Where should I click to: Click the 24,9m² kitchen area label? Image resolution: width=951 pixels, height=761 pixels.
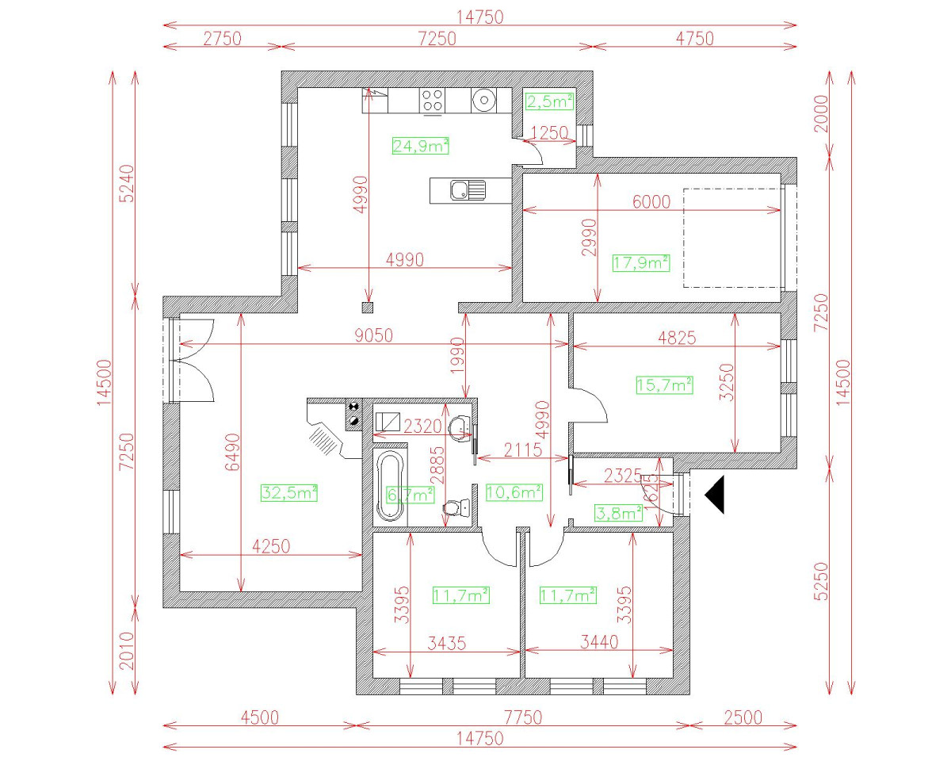pyautogui.click(x=421, y=145)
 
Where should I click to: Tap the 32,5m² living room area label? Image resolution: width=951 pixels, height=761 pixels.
pyautogui.click(x=289, y=493)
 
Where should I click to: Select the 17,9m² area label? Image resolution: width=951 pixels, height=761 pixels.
pyautogui.click(x=641, y=262)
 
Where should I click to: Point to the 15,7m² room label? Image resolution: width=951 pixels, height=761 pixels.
pyautogui.click(x=665, y=385)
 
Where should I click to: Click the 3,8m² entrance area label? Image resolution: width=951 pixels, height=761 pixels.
pyautogui.click(x=619, y=513)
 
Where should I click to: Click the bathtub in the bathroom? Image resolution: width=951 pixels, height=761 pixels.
pyautogui.click(x=388, y=485)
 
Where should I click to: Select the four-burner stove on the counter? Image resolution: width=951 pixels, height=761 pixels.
pyautogui.click(x=432, y=100)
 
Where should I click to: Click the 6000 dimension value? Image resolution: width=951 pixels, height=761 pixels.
pyautogui.click(x=651, y=201)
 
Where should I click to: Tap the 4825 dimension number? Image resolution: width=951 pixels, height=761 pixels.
pyautogui.click(x=676, y=338)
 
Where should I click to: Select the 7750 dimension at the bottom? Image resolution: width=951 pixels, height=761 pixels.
pyautogui.click(x=522, y=717)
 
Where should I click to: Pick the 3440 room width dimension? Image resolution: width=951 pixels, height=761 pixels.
pyautogui.click(x=598, y=644)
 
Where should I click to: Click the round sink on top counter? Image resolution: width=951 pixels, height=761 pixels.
pyautogui.click(x=483, y=100)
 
